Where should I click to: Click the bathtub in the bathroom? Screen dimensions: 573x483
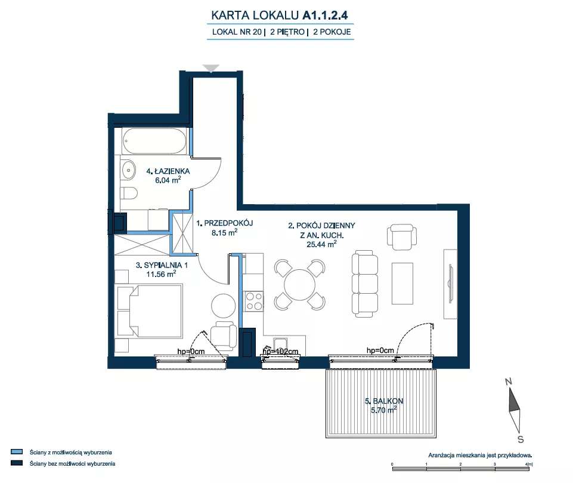click(154, 141)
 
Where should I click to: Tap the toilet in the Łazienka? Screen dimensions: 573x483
click(129, 193)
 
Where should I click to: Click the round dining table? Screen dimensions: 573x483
click(300, 285)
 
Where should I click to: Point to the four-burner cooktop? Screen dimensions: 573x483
click(254, 301)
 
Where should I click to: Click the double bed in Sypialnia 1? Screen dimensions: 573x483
click(148, 311)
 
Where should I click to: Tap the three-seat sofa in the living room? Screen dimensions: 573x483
click(365, 284)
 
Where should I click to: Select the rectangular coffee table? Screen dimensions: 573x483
click(402, 284)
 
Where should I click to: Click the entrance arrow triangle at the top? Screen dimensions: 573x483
click(211, 69)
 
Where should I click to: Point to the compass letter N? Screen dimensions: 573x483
click(509, 382)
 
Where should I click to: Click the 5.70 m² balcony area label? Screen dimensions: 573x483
click(384, 410)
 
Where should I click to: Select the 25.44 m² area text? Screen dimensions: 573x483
click(321, 244)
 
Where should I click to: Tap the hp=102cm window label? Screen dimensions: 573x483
click(280, 352)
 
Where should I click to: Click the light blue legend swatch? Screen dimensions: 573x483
click(17, 452)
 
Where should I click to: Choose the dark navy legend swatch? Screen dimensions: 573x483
click(17, 463)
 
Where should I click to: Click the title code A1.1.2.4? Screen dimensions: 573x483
click(325, 15)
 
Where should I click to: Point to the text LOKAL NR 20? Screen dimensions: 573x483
click(237, 32)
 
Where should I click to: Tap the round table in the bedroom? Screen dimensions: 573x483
click(223, 306)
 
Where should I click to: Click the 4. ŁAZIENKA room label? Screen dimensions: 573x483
click(168, 171)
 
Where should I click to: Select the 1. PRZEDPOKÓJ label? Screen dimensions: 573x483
click(225, 223)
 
